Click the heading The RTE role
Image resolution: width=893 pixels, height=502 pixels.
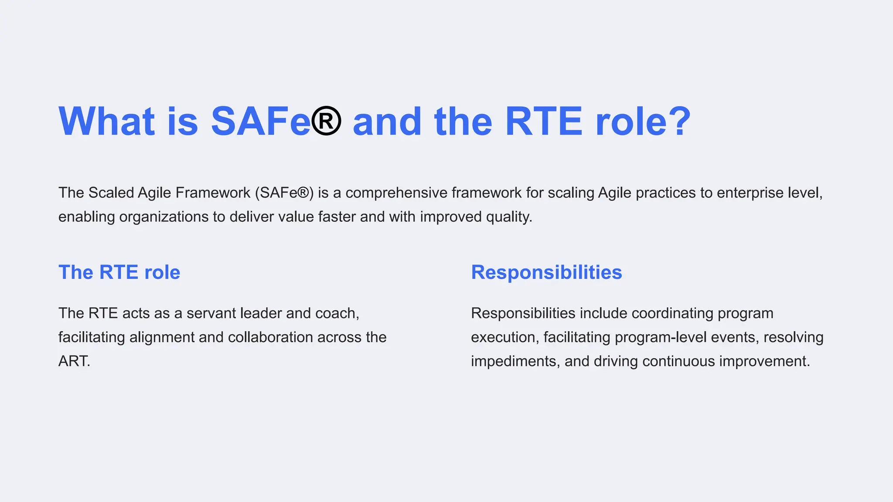click(x=119, y=272)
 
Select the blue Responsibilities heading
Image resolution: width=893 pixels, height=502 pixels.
click(x=546, y=272)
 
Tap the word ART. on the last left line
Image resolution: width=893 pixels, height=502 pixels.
click(x=74, y=361)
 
